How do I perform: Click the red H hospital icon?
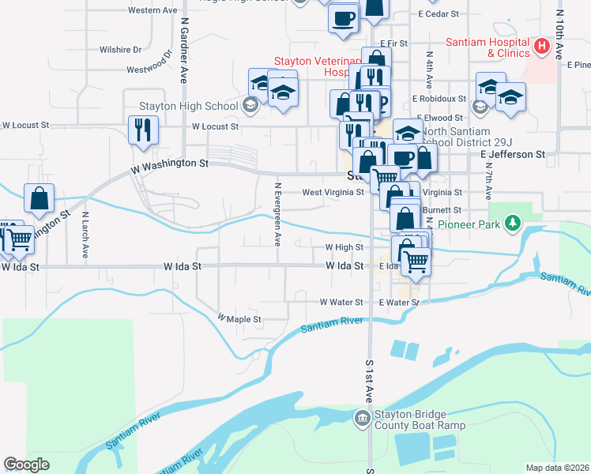point(541,47)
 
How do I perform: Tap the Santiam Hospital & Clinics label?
point(487,47)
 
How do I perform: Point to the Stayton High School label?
point(188,106)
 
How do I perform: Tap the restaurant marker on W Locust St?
point(143,128)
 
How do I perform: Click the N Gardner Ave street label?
point(183,52)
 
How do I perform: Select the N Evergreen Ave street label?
point(277,214)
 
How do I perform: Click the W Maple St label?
point(239,319)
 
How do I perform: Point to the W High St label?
point(344,247)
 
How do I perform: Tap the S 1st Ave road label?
point(369,380)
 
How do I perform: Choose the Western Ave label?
point(152,10)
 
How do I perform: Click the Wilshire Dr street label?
point(120,49)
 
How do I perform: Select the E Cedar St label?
point(439,14)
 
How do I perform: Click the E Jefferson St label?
point(513,155)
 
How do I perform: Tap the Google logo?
point(26,464)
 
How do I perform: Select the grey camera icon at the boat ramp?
point(362,417)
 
